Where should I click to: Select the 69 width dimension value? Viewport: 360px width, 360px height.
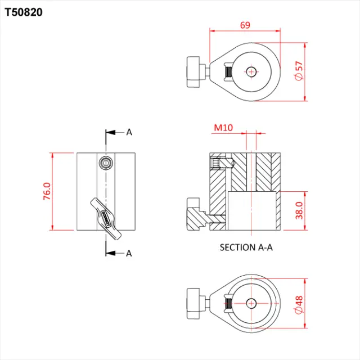coord(245,25)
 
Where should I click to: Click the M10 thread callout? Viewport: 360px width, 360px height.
coord(223,128)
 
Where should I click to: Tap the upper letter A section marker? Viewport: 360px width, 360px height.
coord(129,132)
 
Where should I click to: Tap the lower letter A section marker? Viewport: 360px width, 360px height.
coord(129,253)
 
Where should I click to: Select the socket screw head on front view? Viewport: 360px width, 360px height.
coord(105,162)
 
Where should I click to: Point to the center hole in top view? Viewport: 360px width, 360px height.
coord(251,72)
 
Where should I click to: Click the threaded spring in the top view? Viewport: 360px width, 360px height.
coord(227,72)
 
